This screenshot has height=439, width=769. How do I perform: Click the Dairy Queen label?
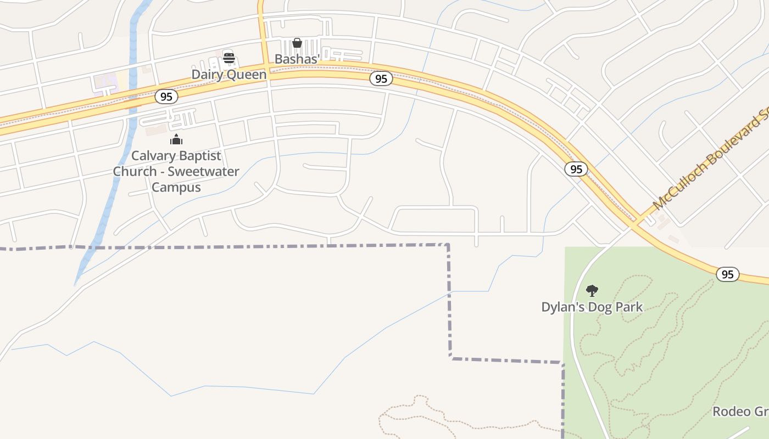click(229, 75)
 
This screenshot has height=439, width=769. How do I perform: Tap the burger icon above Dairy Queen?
click(229, 58)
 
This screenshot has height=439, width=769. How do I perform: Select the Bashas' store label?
click(297, 59)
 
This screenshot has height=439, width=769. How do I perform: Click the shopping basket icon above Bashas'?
click(297, 43)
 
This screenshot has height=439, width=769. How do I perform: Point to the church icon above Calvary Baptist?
click(176, 139)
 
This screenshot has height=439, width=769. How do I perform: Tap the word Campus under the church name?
click(176, 187)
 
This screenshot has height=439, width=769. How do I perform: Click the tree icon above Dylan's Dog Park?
click(592, 290)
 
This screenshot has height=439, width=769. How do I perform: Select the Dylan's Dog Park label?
click(592, 307)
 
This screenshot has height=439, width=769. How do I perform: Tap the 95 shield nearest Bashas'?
click(381, 78)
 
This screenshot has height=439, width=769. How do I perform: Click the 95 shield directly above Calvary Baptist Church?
click(166, 97)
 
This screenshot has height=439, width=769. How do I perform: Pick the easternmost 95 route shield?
click(727, 274)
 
